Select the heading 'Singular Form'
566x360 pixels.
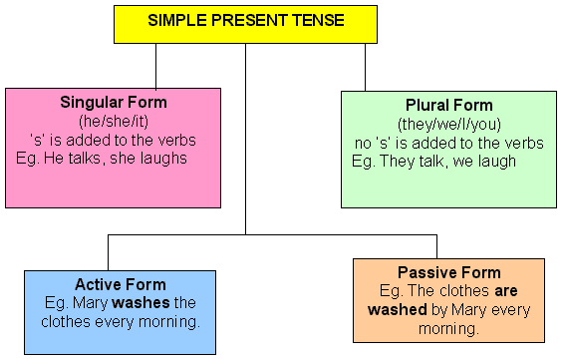[x=114, y=103]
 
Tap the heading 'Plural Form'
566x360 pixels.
[x=448, y=106]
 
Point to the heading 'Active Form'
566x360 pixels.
[x=121, y=284]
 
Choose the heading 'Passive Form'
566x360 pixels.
[x=448, y=272]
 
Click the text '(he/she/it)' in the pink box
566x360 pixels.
[x=114, y=119]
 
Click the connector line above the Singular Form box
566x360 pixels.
[x=156, y=66]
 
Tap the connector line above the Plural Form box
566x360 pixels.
[x=365, y=67]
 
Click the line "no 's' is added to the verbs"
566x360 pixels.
[x=448, y=143]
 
